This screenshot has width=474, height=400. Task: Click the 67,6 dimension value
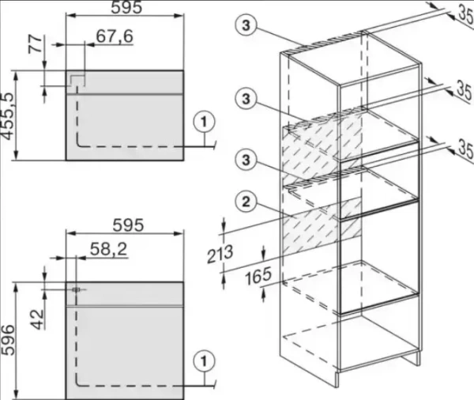point(115,36)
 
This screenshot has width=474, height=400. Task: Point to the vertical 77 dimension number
point(36,44)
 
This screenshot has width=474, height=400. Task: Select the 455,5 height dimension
point(7,116)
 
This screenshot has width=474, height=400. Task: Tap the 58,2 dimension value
point(109,249)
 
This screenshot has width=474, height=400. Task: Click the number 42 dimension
point(37,319)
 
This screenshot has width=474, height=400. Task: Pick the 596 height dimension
point(7,340)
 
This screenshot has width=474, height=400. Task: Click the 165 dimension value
point(258,277)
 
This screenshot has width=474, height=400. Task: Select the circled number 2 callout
point(246,202)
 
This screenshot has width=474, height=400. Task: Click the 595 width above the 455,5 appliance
point(126,8)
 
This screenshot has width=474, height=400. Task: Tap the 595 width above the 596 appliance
point(128,225)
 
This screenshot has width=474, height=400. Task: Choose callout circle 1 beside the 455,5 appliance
point(204,123)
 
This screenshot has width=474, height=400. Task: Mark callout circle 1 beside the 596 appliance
point(204,361)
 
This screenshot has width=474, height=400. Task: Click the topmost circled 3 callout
point(246,25)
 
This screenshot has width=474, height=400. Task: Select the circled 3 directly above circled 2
point(246,159)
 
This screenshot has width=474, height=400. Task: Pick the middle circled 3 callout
point(246,98)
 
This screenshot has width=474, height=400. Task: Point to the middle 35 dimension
point(465,90)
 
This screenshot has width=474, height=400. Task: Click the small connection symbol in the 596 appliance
point(76,289)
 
